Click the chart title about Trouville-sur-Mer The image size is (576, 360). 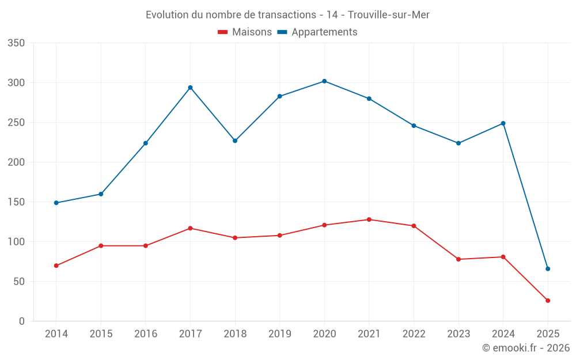[287, 15]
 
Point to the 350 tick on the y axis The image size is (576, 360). [17, 43]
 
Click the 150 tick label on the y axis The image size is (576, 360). [17, 202]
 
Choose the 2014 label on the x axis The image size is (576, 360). [56, 334]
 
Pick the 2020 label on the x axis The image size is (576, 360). [324, 334]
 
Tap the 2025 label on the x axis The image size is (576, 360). [548, 334]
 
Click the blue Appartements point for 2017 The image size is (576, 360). [190, 88]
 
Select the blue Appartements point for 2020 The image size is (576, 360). [324, 81]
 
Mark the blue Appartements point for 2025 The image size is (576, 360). [548, 269]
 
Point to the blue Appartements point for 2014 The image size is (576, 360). [56, 203]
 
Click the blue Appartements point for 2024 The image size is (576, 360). [503, 123]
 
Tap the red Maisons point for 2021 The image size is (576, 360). [369, 219]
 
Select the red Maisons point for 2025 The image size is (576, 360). [548, 301]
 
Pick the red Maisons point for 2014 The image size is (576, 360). [56, 266]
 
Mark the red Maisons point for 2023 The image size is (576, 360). [458, 259]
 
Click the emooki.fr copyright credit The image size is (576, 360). [526, 348]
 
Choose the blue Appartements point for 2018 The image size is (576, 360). [235, 141]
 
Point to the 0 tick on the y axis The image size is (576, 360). [21, 321]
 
